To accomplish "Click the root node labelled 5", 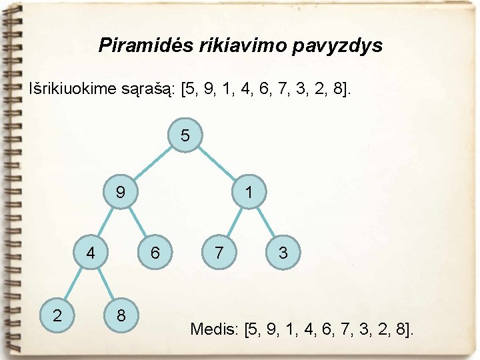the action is pos(185,136).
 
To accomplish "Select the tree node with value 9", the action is pos(120,193).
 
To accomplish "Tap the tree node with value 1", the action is pos(248,193).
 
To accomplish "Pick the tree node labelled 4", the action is pos(91,253).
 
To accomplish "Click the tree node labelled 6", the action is pos(155,253).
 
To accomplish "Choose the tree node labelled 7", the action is pos(219,253).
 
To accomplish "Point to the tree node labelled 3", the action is pos(283,253).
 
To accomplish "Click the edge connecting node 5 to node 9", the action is pos(153,165).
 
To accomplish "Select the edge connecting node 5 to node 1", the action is pos(217,165).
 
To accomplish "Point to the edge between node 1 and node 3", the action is pos(266,223).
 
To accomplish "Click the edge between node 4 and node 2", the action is pos(74,284).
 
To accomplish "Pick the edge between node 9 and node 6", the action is pos(138,223).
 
